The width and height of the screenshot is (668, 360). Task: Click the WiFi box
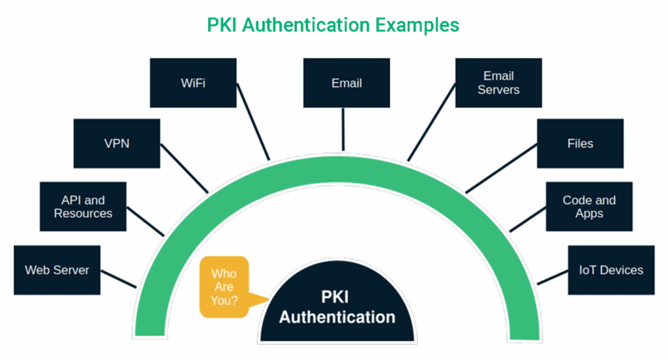(193, 83)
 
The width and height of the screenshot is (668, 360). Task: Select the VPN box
(116, 143)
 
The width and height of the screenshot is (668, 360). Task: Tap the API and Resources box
(83, 206)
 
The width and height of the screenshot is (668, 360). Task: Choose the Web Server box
(57, 269)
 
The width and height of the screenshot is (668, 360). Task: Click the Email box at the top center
(346, 83)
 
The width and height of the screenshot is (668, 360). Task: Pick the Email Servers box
(498, 83)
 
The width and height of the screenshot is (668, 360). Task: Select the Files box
(580, 143)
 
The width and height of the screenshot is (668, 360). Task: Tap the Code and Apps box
(589, 206)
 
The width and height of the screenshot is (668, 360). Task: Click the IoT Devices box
(611, 269)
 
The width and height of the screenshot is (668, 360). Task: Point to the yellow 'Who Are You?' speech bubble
(224, 287)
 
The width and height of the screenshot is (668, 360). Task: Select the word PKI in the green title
(224, 25)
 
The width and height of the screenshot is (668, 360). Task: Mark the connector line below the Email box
(343, 128)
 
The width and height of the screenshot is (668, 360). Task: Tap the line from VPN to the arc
(184, 168)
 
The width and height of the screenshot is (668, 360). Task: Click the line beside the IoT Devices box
(552, 277)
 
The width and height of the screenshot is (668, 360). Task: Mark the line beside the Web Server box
(119, 278)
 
